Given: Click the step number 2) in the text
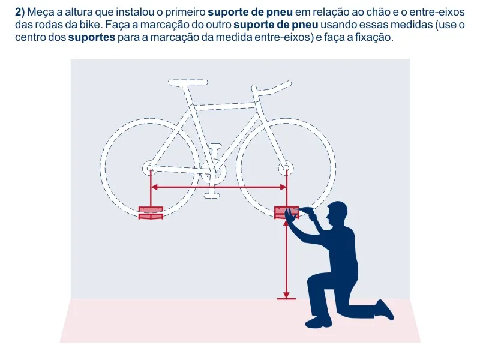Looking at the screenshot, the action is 20,12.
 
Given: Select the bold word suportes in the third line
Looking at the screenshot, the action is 92,38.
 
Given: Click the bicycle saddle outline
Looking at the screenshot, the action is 188,82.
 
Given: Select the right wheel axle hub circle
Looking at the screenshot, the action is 286,168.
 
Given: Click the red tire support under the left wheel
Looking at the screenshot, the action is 151,213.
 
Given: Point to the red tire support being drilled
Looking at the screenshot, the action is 286,212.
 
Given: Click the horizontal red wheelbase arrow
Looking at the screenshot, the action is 218,187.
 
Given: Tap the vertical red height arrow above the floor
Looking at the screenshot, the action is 286,259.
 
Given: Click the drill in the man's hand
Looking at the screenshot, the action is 308,212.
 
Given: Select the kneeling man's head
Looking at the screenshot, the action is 336,213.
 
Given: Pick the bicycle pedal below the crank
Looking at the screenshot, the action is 212,194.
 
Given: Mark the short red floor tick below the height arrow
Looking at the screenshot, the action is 286,299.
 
